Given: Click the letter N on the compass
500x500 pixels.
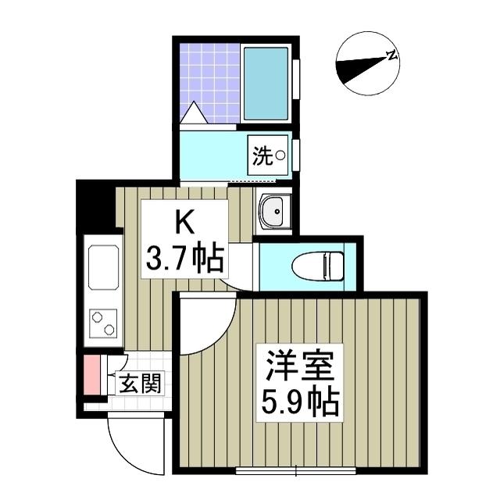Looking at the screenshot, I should click(391, 55).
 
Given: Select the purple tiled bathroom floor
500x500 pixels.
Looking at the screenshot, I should click(209, 78).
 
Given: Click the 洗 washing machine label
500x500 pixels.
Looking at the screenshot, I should click(262, 156).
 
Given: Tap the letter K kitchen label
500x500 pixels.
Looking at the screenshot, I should click(184, 223).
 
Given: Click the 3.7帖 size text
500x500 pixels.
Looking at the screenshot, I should click(185, 257).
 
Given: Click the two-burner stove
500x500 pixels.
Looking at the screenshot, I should click(103, 321).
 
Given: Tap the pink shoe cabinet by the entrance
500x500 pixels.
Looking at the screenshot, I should click(91, 375).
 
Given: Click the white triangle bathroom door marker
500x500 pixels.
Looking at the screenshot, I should click(193, 114).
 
